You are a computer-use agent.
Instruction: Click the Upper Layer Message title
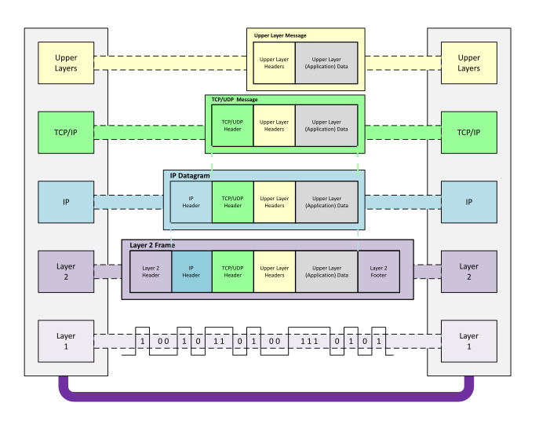click(x=280, y=35)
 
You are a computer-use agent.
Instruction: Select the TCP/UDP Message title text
click(x=235, y=100)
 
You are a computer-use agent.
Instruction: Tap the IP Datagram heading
click(x=190, y=176)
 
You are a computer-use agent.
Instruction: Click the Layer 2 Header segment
click(x=151, y=271)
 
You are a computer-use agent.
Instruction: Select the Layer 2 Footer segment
click(x=378, y=271)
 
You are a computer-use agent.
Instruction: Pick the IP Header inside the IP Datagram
click(x=191, y=202)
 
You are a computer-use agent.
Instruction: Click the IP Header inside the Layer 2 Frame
click(x=191, y=271)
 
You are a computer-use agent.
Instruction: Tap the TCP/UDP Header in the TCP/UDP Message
click(x=232, y=125)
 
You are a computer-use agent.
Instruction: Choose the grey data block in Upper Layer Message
click(x=326, y=62)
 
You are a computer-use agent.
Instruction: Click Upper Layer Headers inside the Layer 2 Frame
click(x=274, y=271)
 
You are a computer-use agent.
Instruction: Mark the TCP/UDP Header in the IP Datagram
click(x=232, y=202)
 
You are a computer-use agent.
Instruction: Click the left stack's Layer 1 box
click(x=67, y=341)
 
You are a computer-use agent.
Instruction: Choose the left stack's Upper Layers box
click(x=67, y=63)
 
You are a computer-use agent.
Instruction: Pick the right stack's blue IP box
click(x=469, y=202)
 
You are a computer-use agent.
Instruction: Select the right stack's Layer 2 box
click(x=469, y=272)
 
